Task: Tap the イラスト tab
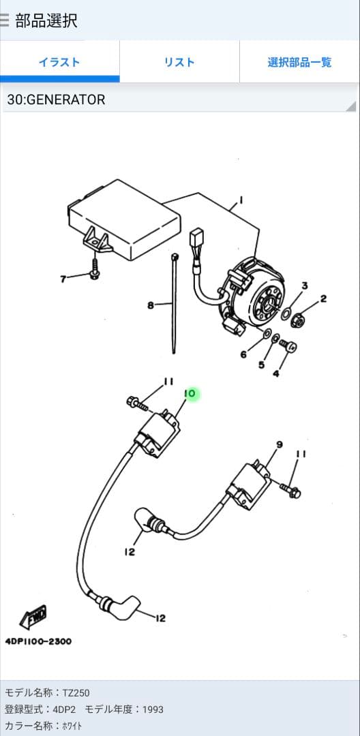(59, 62)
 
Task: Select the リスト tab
(179, 62)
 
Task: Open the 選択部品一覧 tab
(299, 62)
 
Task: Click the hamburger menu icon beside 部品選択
(4, 20)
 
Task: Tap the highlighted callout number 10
(190, 394)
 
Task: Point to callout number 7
(63, 279)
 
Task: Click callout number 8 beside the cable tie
(150, 305)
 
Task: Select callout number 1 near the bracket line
(241, 200)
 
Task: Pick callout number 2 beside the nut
(323, 298)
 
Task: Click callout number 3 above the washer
(304, 286)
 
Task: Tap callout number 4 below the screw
(276, 374)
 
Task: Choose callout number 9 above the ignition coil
(280, 444)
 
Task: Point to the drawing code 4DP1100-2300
(38, 641)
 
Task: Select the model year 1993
(153, 709)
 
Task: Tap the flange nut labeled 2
(296, 321)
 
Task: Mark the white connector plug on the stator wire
(196, 237)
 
